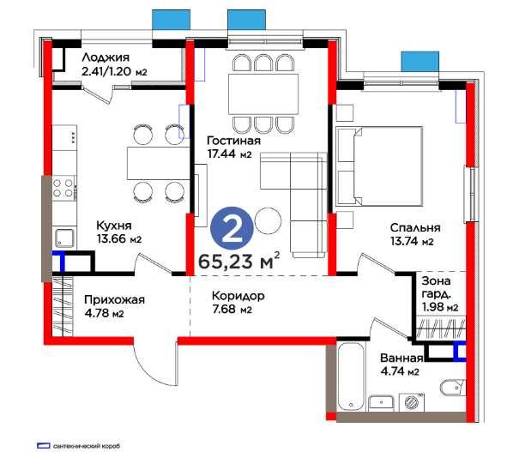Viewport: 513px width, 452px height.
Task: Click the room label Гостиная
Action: pyautogui.click(x=234, y=141)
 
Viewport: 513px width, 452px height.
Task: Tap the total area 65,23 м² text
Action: pyautogui.click(x=239, y=261)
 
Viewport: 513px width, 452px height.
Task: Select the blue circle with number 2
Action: pyautogui.click(x=232, y=228)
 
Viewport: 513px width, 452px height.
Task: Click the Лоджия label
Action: pyautogui.click(x=106, y=57)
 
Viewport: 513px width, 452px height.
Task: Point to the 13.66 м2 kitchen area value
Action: pyautogui.click(x=119, y=239)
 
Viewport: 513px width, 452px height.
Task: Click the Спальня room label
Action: pyautogui.click(x=415, y=227)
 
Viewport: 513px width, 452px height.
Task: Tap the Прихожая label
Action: pyautogui.click(x=114, y=299)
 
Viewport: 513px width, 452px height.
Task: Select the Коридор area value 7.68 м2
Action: pyautogui.click(x=232, y=309)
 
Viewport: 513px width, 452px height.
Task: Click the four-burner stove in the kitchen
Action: pyautogui.click(x=63, y=188)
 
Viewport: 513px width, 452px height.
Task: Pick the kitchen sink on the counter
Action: pyautogui.click(x=64, y=238)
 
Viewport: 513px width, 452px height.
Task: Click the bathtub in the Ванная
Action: pyautogui.click(x=350, y=377)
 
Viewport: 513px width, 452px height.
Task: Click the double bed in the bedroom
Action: pyautogui.click(x=379, y=166)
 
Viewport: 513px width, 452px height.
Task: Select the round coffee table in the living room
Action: pyautogui.click(x=268, y=220)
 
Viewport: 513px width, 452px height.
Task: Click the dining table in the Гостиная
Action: pyautogui.click(x=263, y=93)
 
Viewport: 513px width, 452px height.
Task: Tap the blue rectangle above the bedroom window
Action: pyautogui.click(x=420, y=62)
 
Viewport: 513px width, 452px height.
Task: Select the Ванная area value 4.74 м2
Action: pyautogui.click(x=400, y=372)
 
